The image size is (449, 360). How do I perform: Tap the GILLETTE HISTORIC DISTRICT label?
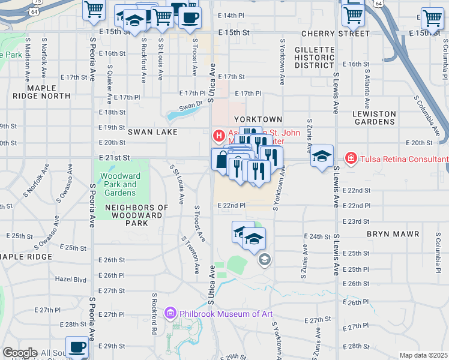318,58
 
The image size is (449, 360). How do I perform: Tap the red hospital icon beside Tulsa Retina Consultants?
350,158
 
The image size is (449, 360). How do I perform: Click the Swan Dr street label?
190,106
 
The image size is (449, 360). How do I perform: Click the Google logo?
20,353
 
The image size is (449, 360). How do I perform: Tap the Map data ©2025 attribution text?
423,355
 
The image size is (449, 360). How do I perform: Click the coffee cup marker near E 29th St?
77,347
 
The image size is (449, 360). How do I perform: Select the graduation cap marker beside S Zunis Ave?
322,157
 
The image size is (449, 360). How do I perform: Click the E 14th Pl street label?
231,14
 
